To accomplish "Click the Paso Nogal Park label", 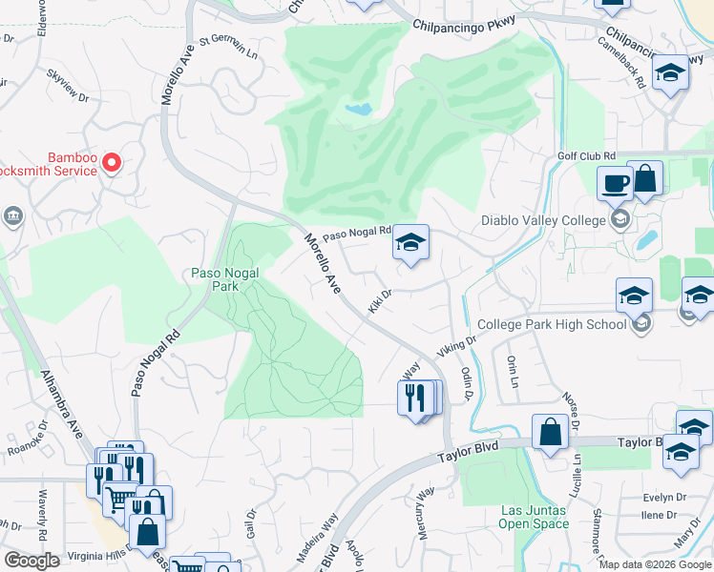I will click(x=219, y=279).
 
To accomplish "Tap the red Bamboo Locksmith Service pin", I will click(x=112, y=164).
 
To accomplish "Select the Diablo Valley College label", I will click(x=544, y=220).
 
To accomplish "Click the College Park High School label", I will click(x=552, y=324).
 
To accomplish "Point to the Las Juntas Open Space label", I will click(x=535, y=517).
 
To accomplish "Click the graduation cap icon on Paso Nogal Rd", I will click(x=410, y=244).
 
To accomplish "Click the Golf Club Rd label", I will click(x=586, y=155).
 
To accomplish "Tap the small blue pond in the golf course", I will click(x=357, y=110).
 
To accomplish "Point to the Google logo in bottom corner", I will click(x=32, y=560).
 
